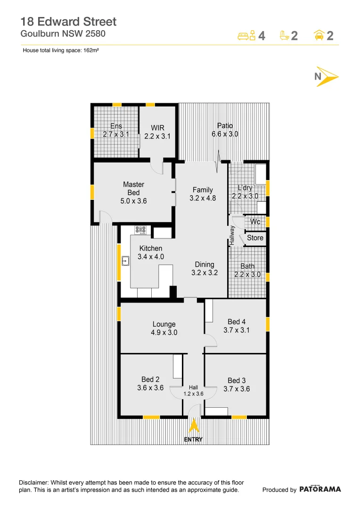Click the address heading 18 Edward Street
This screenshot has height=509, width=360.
(x=68, y=21)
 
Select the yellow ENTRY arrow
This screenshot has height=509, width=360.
(x=193, y=426)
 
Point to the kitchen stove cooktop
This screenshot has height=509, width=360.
(x=141, y=230)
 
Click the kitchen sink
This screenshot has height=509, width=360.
(x=126, y=261)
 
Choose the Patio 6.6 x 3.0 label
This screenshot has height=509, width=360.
(x=225, y=130)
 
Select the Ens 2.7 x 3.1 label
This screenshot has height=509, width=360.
(x=116, y=130)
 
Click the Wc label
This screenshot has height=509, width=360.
(x=255, y=222)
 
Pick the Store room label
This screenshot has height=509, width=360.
(x=255, y=238)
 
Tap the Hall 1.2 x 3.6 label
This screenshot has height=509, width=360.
(x=193, y=390)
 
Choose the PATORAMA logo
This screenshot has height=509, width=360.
(x=320, y=489)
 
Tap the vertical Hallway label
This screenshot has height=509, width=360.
(x=232, y=235)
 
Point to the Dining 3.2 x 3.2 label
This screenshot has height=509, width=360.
(x=205, y=269)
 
